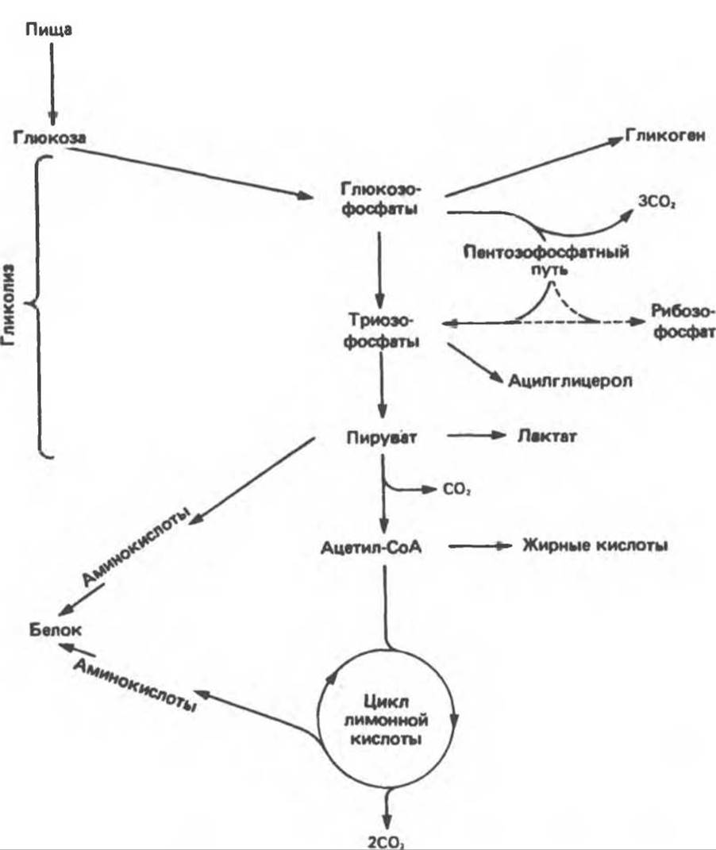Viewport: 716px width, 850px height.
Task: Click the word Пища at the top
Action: (x=48, y=30)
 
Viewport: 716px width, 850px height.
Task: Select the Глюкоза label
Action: (x=49, y=137)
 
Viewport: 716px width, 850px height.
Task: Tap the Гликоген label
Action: (x=665, y=136)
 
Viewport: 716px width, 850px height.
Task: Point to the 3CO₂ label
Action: (x=657, y=202)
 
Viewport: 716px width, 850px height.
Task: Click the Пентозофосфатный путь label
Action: (x=546, y=261)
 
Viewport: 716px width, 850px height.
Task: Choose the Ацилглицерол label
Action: (x=570, y=380)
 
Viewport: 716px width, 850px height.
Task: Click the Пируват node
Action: (x=382, y=437)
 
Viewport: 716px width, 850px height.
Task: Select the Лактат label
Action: (x=547, y=436)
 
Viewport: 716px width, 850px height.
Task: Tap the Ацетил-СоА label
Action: (x=371, y=547)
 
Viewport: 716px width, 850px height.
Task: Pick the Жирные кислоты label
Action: (x=595, y=544)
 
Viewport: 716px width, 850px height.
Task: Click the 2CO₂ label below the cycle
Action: (x=386, y=842)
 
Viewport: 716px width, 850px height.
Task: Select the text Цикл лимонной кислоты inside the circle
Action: (x=387, y=721)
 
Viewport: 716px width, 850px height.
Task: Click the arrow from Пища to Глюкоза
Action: (x=52, y=84)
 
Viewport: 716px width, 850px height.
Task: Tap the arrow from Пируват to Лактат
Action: (x=476, y=435)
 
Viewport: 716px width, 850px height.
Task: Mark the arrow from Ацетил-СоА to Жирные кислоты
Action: (x=480, y=546)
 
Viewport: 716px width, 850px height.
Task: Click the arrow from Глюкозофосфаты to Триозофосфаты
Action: (x=380, y=270)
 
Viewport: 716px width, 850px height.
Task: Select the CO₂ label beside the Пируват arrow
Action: (x=456, y=490)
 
